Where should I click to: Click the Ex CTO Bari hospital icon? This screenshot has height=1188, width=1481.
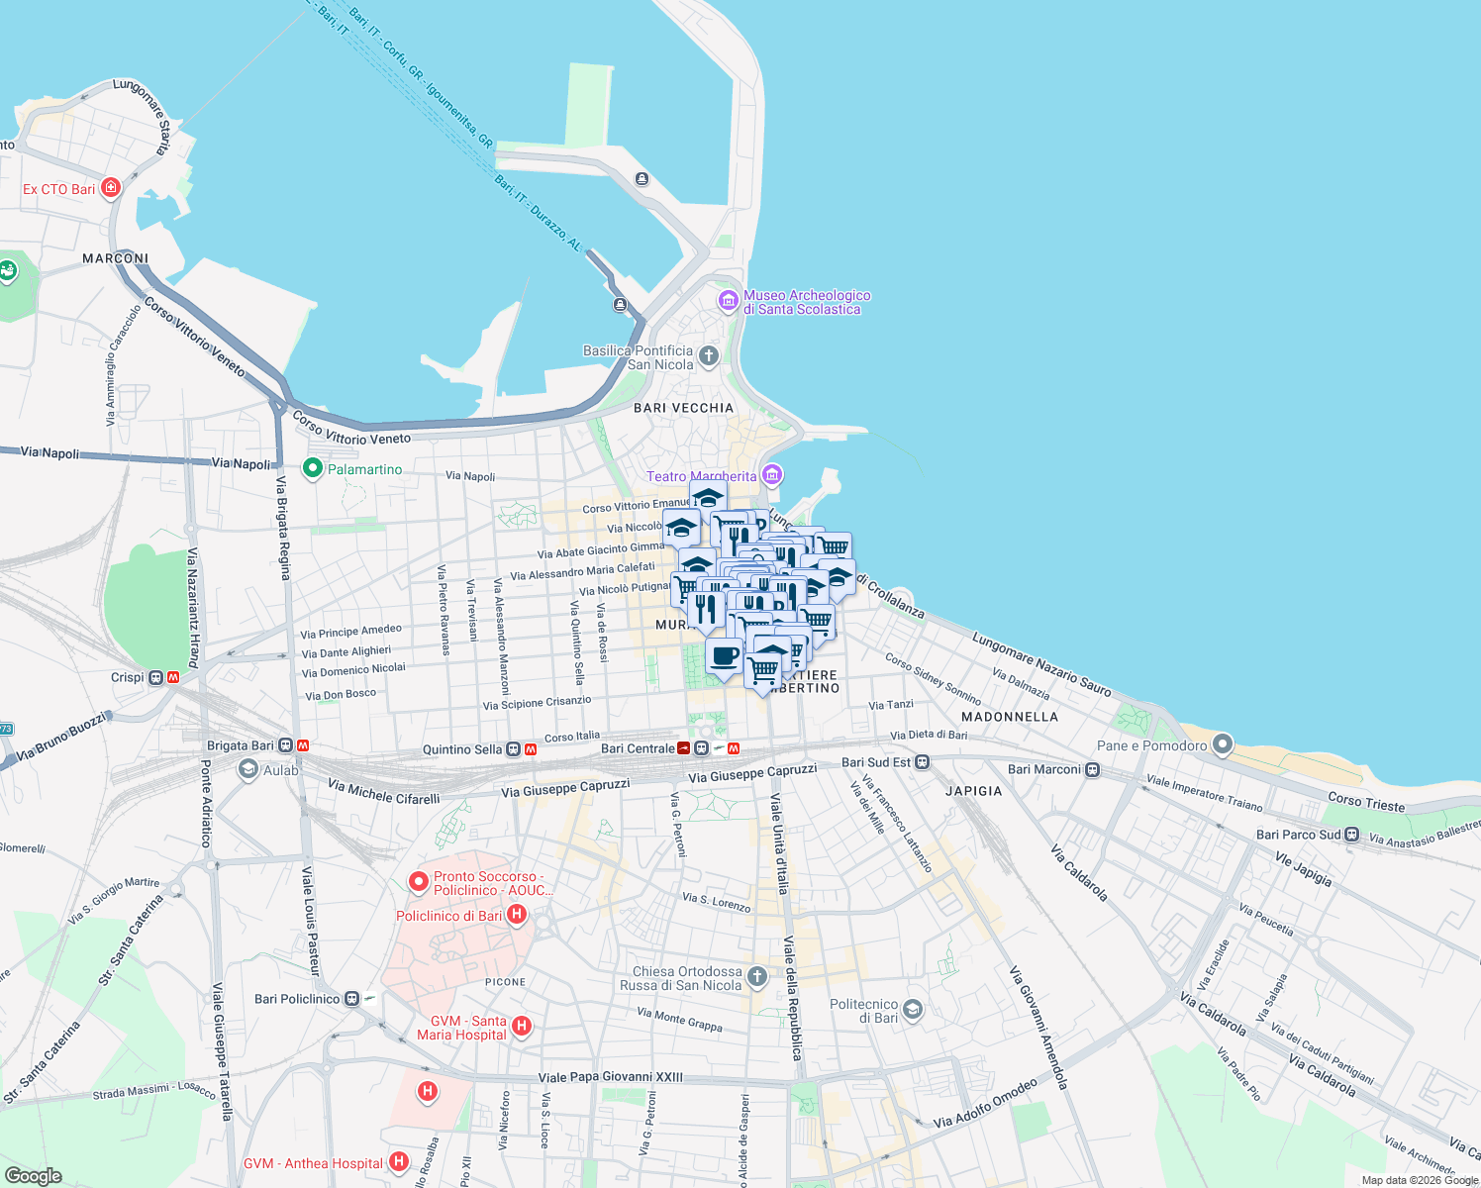(x=111, y=187)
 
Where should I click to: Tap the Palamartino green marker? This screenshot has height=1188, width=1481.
(x=313, y=468)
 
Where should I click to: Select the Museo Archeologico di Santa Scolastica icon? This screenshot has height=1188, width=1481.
(x=729, y=300)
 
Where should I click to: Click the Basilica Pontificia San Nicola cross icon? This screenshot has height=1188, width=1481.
(x=708, y=355)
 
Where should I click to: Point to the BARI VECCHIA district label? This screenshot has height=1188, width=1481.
(x=683, y=408)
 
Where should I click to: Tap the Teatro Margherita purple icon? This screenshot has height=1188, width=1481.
(x=772, y=475)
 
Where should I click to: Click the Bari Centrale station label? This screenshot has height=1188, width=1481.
(x=638, y=748)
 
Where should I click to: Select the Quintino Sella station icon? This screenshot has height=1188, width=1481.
(x=514, y=749)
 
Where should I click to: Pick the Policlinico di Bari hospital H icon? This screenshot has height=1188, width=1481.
(x=516, y=915)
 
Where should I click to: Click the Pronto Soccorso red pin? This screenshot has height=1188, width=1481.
(x=418, y=881)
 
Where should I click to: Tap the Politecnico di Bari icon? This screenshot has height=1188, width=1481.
(x=913, y=1010)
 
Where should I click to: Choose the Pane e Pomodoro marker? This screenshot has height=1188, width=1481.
(x=1223, y=744)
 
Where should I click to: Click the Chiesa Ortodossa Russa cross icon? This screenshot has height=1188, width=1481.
(x=757, y=977)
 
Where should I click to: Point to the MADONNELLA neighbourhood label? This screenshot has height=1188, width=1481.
(x=1009, y=717)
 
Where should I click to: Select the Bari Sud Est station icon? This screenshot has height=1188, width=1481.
(x=922, y=762)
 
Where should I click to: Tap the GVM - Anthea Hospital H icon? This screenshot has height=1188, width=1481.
(x=398, y=1162)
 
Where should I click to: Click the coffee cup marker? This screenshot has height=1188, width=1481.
(x=725, y=656)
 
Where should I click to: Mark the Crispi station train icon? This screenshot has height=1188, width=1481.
(x=155, y=678)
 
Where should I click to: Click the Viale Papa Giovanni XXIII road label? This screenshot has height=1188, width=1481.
(x=610, y=1077)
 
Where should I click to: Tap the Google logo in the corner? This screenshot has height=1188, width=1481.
(x=33, y=1175)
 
